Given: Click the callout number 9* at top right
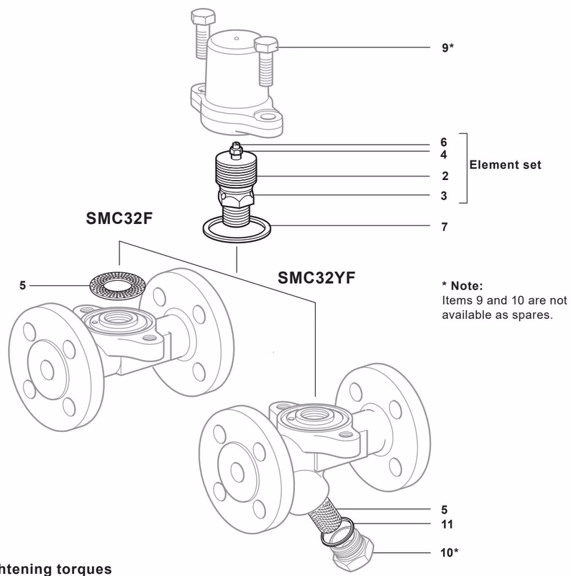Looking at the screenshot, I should pos(447,48).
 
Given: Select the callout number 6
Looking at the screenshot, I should pos(444,143).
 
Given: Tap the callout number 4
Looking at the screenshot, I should pos(444,154).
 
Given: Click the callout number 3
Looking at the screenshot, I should pos(444,195).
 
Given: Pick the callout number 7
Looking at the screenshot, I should pos(444,227).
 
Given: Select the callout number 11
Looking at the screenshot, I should pos(446,524).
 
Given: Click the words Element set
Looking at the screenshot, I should pos(505,165).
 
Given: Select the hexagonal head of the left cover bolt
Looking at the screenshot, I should pos(201,17).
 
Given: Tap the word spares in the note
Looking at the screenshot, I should pos(531,313).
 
